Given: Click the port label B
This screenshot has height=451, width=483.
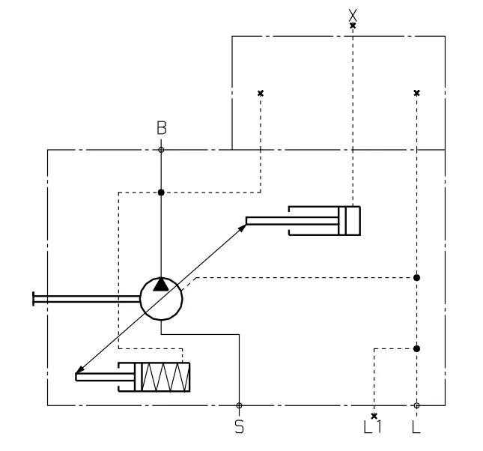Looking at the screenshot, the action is click(x=162, y=128).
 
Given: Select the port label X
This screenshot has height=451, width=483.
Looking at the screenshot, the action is click(x=353, y=15).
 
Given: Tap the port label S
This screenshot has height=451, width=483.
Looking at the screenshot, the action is click(x=239, y=427).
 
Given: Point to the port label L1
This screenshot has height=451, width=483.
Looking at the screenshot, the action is click(x=373, y=427).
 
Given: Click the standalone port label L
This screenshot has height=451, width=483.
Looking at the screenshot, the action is click(x=416, y=427).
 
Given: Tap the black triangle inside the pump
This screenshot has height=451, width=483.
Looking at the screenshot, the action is click(x=161, y=285).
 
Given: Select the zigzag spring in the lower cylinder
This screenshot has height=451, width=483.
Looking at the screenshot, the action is click(x=165, y=377).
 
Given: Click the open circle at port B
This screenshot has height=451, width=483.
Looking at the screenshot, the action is click(x=161, y=150).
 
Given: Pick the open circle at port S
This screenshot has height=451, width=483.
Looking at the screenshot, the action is click(x=239, y=405).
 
